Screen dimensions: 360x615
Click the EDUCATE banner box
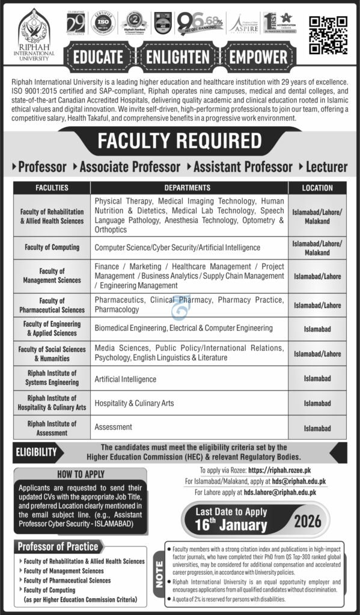(98, 58)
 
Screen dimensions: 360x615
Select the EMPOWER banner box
(258, 58)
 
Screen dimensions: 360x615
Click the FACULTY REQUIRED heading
(180, 141)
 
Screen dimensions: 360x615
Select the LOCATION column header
(317, 188)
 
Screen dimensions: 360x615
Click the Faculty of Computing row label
(52, 247)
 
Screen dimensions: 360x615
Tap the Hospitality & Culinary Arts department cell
(134, 403)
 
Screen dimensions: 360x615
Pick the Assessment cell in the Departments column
(113, 427)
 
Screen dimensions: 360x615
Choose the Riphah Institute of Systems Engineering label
(52, 379)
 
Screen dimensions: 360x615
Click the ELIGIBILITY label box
(36, 452)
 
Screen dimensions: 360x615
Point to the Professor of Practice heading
(58, 546)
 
